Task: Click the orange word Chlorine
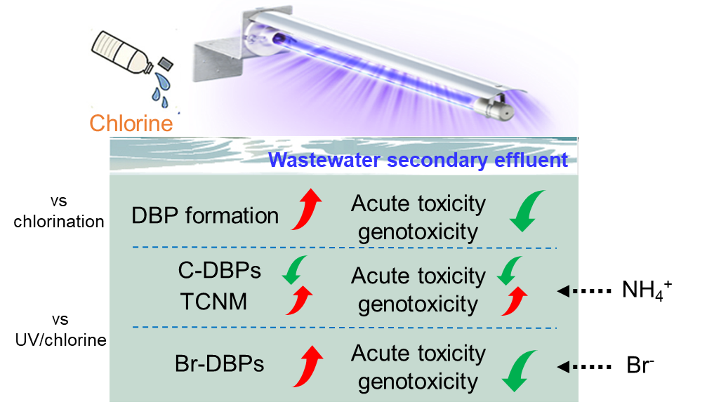131,124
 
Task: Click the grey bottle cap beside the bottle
166,64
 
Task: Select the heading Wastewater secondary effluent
418,160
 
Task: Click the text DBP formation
205,215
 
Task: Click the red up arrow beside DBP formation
307,208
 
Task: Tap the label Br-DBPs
220,364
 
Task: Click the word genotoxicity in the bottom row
418,382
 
